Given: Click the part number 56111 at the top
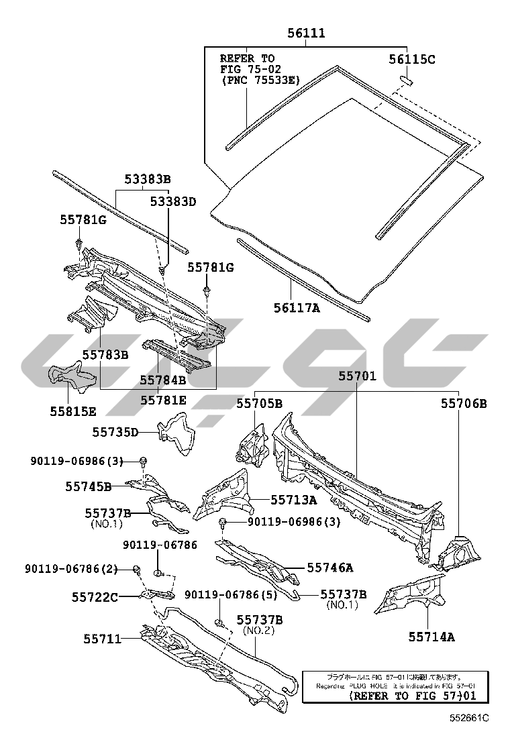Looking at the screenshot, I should coord(307,33).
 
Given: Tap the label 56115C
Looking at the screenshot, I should coord(412,60).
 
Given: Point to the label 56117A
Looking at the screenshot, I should coord(296,307).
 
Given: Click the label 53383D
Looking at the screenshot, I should coord(172,201).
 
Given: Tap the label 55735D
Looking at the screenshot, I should coord(115,433).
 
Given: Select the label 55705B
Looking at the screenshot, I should coord(259,403).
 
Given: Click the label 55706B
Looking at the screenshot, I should coord(464,403).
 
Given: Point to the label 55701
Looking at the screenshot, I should coord(357,377).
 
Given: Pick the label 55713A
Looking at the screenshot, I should coord(294,499).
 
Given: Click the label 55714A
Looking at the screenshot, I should coord(431,637).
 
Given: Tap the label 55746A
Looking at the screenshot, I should coord(330,568).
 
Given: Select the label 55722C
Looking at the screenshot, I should coord(95,596).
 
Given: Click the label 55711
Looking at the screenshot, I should coord(103,639).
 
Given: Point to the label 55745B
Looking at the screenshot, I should coord(89,485).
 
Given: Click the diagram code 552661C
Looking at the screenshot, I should coord(470,718).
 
